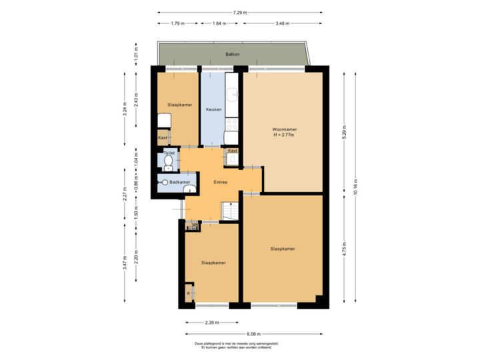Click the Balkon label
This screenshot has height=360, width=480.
[232, 53]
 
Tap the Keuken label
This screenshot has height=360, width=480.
[213, 109]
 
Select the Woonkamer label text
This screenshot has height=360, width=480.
[284, 129]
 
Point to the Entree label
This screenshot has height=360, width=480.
[220, 182]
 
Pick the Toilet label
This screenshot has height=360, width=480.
[169, 153]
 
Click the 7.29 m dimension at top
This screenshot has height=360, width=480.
[240, 12]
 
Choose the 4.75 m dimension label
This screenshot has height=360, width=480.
[344, 249]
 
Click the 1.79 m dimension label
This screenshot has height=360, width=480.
[177, 23]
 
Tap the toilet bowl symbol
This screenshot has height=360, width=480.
[168, 161]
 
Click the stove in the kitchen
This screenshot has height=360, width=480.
[231, 123]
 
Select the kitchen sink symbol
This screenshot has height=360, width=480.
[231, 95]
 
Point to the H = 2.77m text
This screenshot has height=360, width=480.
[284, 135]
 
